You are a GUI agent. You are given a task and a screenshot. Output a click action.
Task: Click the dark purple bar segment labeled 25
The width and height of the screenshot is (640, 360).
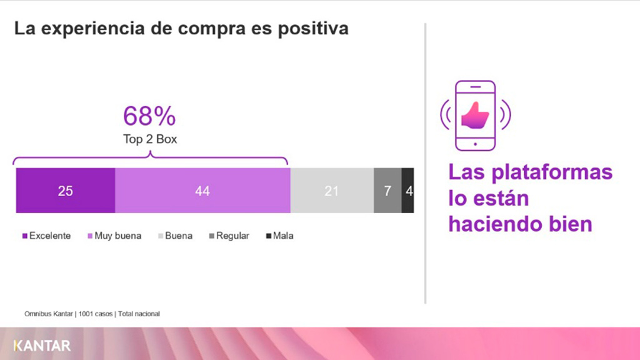65,190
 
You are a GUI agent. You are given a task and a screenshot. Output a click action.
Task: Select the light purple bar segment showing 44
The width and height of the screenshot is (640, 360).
202,190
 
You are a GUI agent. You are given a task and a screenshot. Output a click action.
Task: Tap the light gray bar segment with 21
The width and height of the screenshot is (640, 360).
332,190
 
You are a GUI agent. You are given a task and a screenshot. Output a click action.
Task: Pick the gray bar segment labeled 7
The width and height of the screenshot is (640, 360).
387,190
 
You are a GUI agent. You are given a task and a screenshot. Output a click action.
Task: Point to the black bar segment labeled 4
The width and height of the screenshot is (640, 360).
407,190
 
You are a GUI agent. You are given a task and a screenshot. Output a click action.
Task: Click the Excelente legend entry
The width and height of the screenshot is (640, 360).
46,236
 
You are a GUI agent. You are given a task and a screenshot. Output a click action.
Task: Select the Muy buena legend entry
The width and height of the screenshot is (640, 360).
114,236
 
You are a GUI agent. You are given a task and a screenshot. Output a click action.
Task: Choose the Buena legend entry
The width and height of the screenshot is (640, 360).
175,236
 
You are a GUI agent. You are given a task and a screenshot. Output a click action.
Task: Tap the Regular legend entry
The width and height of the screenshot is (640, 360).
229,236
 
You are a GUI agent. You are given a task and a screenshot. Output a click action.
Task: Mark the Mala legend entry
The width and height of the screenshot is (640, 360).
279,236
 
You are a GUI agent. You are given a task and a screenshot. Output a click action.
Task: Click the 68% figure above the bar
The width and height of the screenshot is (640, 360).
149,116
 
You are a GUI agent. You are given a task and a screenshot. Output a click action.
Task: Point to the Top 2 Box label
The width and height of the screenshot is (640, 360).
150,139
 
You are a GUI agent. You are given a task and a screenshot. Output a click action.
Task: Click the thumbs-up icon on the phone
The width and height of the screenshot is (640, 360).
475,116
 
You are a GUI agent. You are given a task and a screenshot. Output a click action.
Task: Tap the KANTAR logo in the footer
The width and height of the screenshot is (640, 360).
42,346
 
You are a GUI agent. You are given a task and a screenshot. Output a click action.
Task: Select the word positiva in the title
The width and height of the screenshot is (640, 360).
313,29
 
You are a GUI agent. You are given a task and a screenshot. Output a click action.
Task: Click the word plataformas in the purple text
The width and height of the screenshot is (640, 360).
552,173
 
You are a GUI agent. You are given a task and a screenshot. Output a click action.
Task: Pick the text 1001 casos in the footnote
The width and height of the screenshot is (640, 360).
96,314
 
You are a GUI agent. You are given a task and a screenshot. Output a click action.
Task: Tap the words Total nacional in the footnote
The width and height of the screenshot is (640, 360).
139,314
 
